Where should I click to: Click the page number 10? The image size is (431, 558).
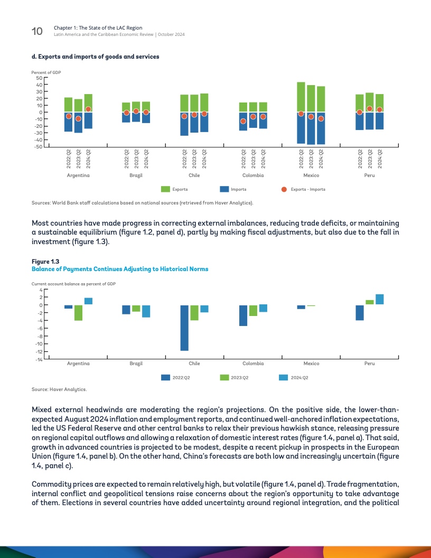[x=37, y=31]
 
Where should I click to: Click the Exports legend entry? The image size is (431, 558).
[x=180, y=189]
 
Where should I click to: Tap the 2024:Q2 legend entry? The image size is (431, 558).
[x=299, y=378]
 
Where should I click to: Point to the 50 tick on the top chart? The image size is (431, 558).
[x=39, y=78]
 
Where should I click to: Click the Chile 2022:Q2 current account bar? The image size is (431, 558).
[x=184, y=328]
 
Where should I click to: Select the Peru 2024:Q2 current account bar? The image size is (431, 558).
[x=379, y=300]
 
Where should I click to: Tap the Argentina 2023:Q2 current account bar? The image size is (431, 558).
[x=78, y=313]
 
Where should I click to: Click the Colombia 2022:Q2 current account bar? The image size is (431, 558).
[x=243, y=315]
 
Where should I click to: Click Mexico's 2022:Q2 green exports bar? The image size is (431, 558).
[x=301, y=97]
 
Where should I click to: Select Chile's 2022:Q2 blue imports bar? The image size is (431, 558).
[x=184, y=124]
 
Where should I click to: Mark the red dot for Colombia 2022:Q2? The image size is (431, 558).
[x=243, y=121]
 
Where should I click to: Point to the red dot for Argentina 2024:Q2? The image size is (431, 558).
[x=88, y=109]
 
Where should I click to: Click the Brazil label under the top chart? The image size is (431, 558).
[x=136, y=175]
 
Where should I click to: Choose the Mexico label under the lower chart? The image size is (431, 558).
[x=311, y=364]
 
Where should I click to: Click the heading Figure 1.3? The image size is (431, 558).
[x=44, y=262]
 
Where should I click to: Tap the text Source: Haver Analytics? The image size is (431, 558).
[x=59, y=389]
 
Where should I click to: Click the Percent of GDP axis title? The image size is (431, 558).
[x=46, y=71]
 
